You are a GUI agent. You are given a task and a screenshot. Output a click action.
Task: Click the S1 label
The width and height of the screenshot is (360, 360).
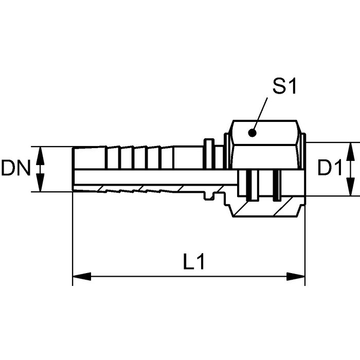[x=285, y=86]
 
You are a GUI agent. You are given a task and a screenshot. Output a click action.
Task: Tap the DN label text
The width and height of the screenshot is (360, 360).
[x=15, y=168]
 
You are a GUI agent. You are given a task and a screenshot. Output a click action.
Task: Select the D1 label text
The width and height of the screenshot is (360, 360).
[x=330, y=168]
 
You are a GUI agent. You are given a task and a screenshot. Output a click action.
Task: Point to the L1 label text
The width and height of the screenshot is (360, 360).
[x=194, y=261]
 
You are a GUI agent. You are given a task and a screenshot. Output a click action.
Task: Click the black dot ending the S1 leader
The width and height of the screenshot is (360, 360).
[x=253, y=133]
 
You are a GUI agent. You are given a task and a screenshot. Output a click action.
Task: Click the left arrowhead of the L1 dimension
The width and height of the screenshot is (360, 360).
[x=82, y=277]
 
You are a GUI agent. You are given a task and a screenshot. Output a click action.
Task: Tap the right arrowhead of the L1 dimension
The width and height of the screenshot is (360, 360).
[x=296, y=277]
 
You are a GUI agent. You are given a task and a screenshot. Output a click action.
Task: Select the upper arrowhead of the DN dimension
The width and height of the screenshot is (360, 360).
[x=41, y=156]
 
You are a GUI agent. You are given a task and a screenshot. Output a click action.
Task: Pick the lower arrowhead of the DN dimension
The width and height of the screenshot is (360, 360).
[x=41, y=183]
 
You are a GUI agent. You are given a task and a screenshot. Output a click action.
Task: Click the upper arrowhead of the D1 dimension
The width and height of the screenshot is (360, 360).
[x=350, y=152]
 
